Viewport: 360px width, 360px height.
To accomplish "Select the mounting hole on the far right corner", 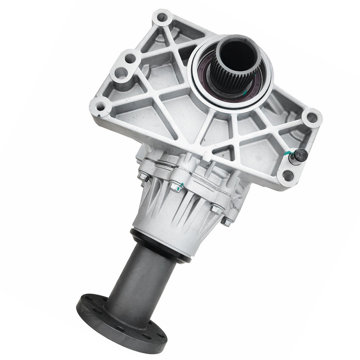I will coord(312,117).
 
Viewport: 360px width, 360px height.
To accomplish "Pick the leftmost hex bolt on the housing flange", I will coord(144,177).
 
